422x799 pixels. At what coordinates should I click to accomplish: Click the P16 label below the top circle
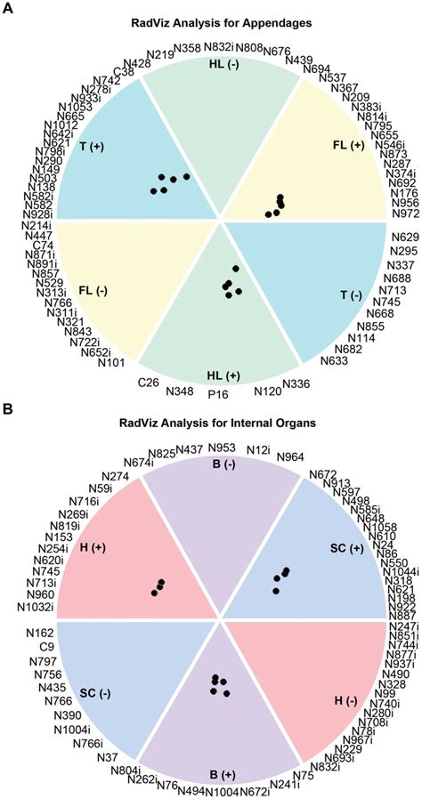pyautogui.click(x=218, y=392)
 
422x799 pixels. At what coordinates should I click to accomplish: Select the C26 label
pyautogui.click(x=149, y=383)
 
